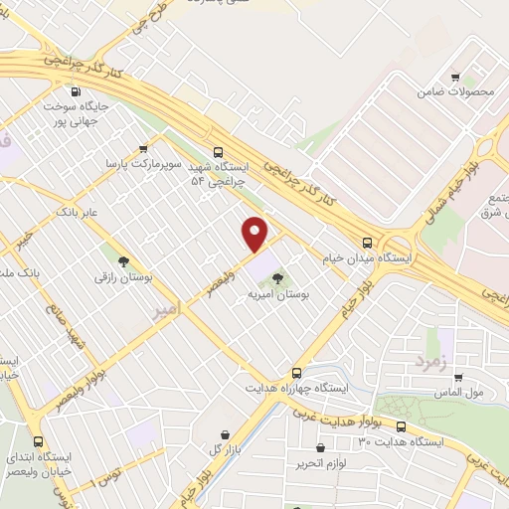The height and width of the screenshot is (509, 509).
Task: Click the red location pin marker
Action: (x=255, y=233)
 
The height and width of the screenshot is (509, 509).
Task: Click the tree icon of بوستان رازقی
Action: (x=123, y=262)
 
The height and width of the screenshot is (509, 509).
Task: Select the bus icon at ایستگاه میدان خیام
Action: (x=368, y=242)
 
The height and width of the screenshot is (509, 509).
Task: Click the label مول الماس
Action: (x=461, y=393)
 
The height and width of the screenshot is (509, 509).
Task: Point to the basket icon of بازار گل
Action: (x=228, y=434)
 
